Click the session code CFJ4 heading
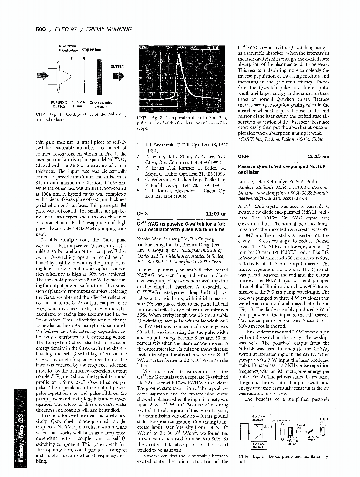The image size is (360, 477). tap(244, 156)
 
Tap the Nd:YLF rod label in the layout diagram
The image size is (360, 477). tap(301, 424)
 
